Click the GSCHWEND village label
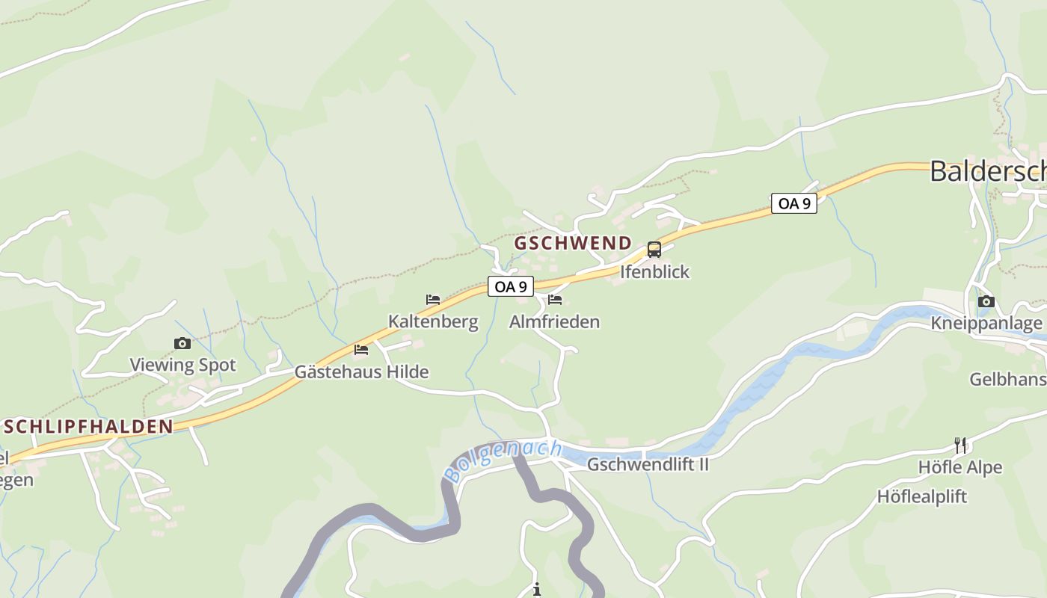click(573, 244)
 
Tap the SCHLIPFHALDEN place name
click(88, 427)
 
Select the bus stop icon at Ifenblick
click(654, 250)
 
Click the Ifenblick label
click(654, 271)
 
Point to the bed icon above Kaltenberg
click(433, 300)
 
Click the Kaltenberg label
click(433, 322)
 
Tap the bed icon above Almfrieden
click(555, 300)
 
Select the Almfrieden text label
click(554, 322)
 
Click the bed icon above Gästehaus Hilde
click(361, 349)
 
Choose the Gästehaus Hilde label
click(361, 372)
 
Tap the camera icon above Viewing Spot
click(182, 343)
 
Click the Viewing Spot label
click(182, 366)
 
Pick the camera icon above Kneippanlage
click(986, 301)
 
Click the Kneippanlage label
click(986, 324)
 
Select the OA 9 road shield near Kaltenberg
click(511, 286)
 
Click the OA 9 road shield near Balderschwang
click(794, 203)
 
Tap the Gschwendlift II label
click(648, 464)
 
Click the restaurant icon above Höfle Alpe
click(960, 446)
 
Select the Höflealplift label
click(922, 496)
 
